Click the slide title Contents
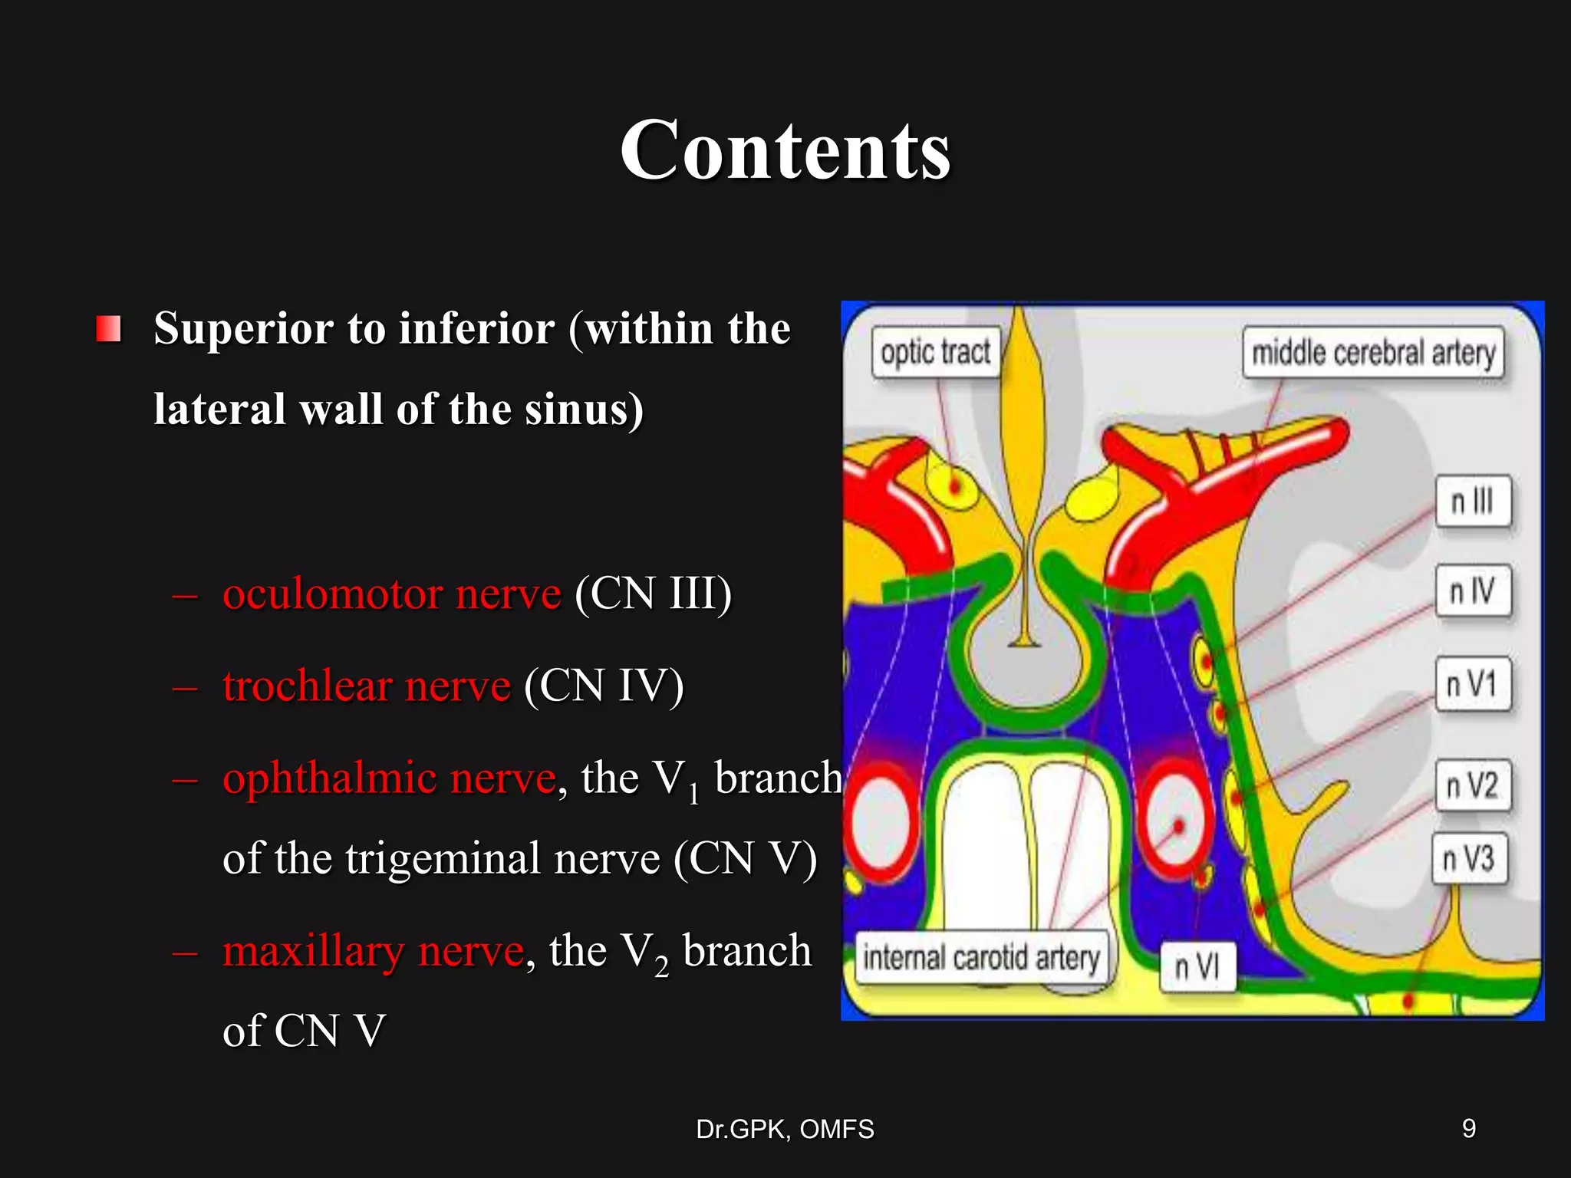point(785,150)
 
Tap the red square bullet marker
point(109,329)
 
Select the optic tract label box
point(935,354)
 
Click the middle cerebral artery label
point(1373,354)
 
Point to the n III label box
point(1473,502)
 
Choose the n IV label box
point(1473,591)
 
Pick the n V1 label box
point(1473,684)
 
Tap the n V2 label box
point(1473,785)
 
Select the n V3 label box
point(1469,858)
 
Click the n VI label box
point(1197,967)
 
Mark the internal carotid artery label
point(982,958)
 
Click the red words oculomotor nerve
point(391,594)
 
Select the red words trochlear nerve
point(367,686)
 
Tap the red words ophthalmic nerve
point(389,778)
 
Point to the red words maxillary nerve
point(373,951)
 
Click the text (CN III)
point(653,594)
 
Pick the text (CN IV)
point(604,686)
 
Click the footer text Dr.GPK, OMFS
point(785,1129)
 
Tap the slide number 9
point(1469,1128)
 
